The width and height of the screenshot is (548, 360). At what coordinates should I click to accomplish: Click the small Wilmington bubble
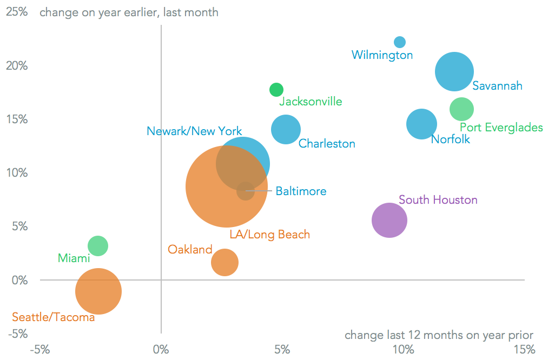click(400, 42)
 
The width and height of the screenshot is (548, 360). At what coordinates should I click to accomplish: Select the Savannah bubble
click(454, 72)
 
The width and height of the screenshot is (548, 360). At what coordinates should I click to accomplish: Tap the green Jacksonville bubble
click(276, 90)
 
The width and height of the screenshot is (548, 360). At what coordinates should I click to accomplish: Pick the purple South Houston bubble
click(389, 220)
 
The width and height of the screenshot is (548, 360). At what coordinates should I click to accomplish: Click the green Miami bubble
click(98, 246)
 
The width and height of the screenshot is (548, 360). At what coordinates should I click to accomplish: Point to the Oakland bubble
click(225, 262)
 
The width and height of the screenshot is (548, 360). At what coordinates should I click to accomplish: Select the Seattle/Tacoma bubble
click(98, 291)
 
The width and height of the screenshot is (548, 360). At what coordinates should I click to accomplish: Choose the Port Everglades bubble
click(461, 109)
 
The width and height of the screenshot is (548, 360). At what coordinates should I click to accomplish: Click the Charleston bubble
click(286, 130)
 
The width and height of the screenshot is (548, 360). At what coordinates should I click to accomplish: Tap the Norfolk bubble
click(421, 124)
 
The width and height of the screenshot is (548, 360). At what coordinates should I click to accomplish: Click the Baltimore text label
click(301, 191)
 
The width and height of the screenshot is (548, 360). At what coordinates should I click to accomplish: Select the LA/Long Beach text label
click(269, 235)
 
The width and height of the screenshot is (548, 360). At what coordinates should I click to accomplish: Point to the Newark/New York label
click(194, 131)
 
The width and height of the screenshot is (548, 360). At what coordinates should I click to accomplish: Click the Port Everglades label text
click(501, 128)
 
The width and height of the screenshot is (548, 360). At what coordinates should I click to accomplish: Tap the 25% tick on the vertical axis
click(16, 11)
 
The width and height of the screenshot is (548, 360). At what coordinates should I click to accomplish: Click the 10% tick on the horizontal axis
click(403, 349)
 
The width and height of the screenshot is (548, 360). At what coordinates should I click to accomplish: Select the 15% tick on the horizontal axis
click(524, 349)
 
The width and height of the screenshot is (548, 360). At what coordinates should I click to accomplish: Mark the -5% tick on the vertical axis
click(16, 334)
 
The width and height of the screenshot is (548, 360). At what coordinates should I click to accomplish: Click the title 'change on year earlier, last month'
click(129, 12)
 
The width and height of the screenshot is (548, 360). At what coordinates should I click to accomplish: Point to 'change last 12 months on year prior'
click(439, 335)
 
